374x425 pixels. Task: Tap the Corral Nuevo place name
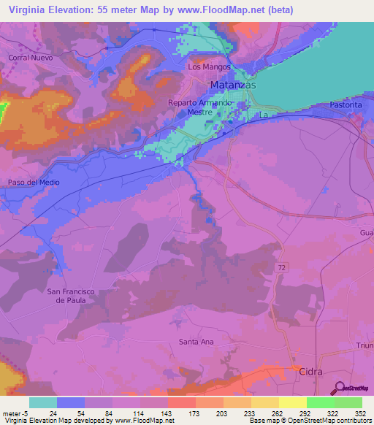(28, 56)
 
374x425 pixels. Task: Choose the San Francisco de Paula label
(71, 296)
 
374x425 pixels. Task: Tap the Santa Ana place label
(196, 341)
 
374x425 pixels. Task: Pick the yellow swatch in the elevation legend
(292, 402)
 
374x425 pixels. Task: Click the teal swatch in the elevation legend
(42, 402)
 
